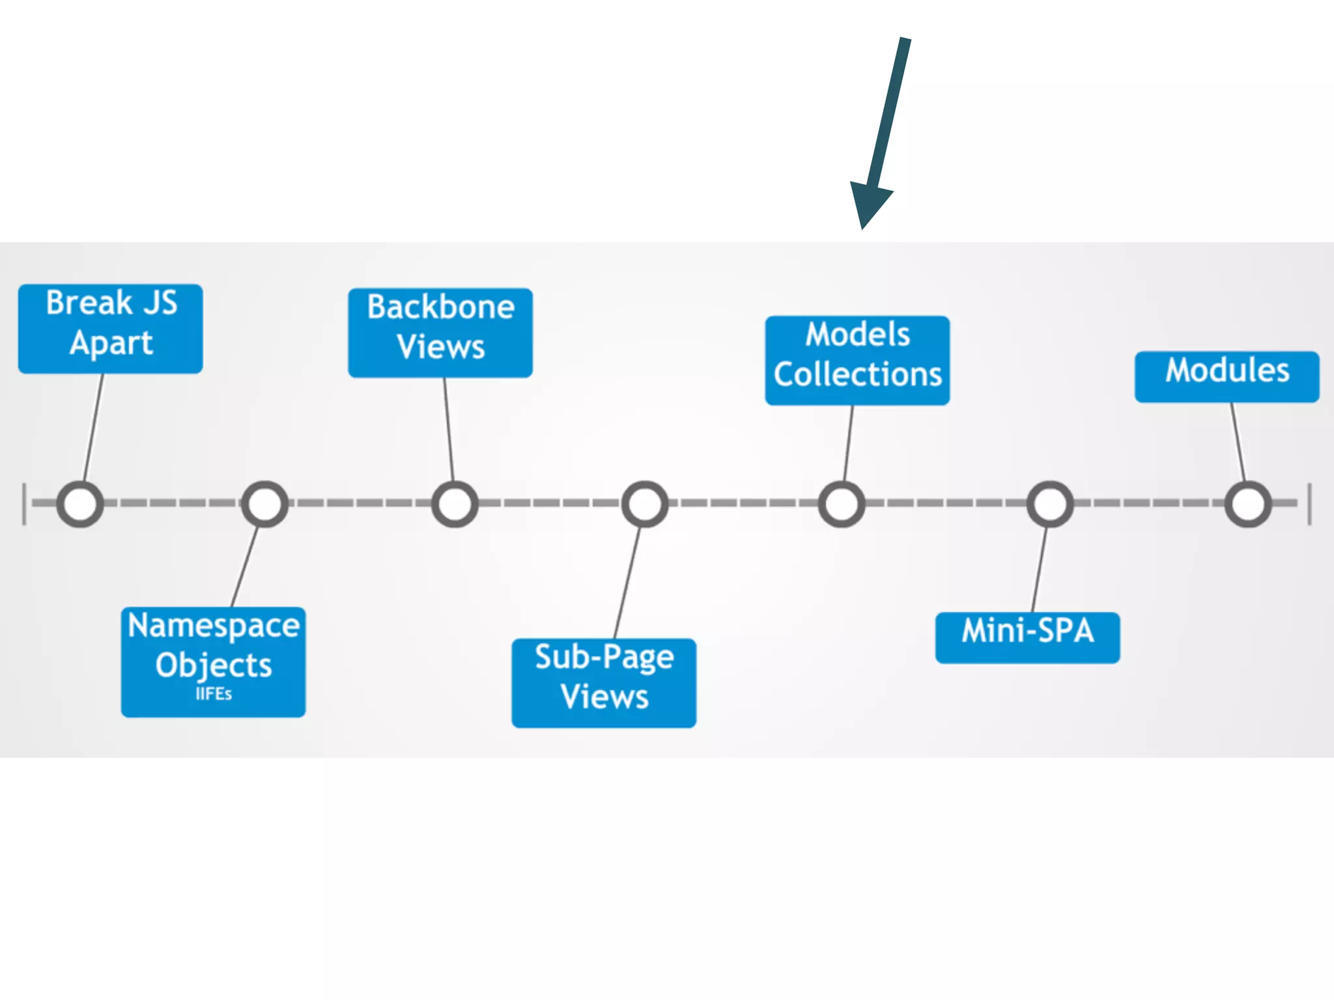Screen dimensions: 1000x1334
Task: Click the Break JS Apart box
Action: coord(110,328)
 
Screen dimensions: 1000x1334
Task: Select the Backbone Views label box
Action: coord(440,333)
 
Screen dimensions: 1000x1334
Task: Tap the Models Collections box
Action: coord(857,360)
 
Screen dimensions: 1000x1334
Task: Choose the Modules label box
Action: coord(1227,377)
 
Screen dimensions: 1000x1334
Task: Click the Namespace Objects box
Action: coord(213,661)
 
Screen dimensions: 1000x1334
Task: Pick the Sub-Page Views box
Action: coord(604,682)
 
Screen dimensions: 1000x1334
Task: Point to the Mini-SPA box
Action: coord(1027,637)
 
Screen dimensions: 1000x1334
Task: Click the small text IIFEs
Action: coord(214,694)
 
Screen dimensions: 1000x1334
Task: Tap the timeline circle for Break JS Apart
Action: coord(80,504)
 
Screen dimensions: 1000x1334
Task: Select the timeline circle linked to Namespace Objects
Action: coord(264,504)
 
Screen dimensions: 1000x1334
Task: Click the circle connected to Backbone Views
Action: coord(455,504)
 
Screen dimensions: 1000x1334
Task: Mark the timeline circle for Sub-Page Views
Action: coord(645,504)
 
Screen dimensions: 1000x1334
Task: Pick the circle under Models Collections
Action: coord(842,504)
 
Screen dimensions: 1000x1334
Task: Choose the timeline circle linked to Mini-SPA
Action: coord(1050,504)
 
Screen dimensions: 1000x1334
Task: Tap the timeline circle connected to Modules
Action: coord(1248,504)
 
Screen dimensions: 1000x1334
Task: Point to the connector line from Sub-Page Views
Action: coord(627,583)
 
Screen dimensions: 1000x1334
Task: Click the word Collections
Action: coord(857,375)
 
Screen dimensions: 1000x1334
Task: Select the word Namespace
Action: coord(214,626)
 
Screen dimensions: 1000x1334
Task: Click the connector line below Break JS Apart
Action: coord(93,428)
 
